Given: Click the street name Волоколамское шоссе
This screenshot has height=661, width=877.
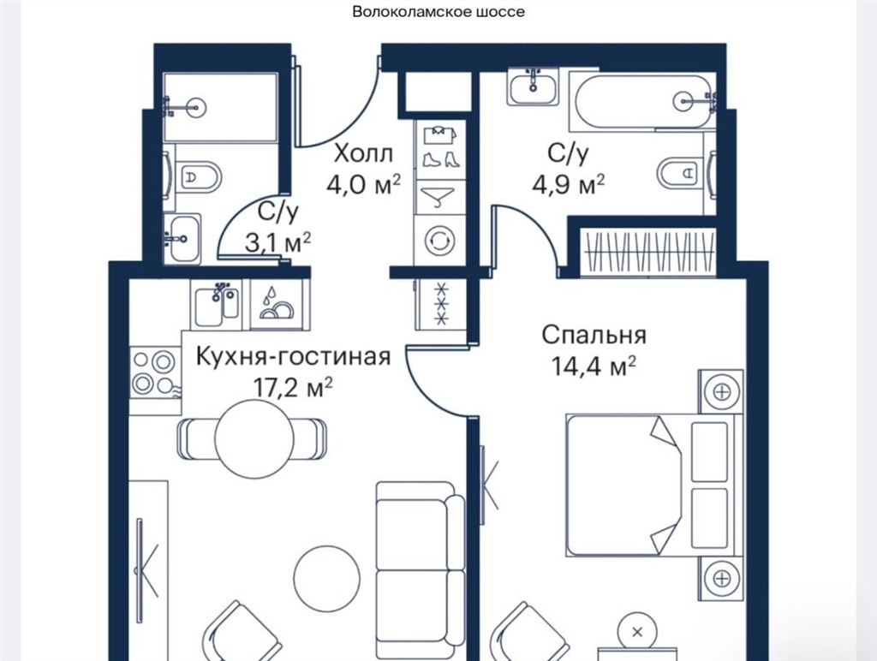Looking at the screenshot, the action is (438, 12).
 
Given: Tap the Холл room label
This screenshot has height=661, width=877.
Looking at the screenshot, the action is (363, 153).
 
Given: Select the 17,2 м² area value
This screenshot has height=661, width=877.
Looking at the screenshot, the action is (293, 386).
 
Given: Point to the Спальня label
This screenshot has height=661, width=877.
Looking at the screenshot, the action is (594, 335).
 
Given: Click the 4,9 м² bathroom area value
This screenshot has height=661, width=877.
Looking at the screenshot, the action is (569, 185).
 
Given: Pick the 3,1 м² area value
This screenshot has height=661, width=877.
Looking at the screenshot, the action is (278, 242).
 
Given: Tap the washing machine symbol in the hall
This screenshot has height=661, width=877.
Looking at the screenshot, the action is (439, 241).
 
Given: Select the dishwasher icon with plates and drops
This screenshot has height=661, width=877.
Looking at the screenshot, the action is (276, 305).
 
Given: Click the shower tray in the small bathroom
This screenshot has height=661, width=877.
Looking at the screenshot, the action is (220, 106).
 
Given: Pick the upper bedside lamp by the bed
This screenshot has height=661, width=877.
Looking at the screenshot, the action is (721, 391).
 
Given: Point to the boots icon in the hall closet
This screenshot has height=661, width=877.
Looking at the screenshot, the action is (439, 159).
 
